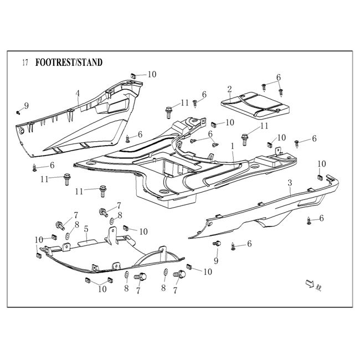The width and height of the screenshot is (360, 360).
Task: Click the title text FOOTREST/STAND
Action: (x=69, y=63)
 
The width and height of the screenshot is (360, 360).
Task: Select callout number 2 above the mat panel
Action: (x=229, y=89)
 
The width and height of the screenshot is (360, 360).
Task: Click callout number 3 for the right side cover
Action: (x=289, y=182)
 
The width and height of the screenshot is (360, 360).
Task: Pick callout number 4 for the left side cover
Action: (x=78, y=92)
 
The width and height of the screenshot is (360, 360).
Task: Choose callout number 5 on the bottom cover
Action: (x=85, y=228)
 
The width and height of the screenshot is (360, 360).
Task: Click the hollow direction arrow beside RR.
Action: (x=308, y=284)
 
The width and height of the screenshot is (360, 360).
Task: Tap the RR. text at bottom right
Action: (x=319, y=288)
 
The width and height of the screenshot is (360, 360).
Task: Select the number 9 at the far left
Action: (x=26, y=106)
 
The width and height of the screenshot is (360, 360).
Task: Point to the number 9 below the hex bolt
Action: (x=215, y=260)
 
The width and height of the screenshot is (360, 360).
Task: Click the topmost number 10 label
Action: (x=152, y=74)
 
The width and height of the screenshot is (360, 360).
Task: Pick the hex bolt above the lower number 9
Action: (x=217, y=244)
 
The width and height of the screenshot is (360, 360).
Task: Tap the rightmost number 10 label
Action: (x=322, y=163)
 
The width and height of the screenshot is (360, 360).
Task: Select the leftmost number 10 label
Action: (x=39, y=239)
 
